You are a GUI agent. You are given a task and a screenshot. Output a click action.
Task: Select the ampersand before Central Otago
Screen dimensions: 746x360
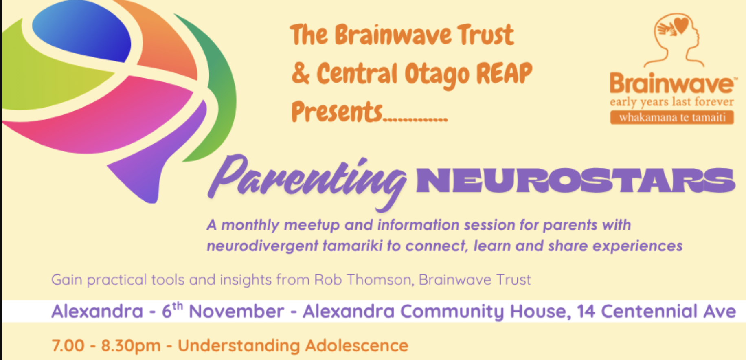click(301, 73)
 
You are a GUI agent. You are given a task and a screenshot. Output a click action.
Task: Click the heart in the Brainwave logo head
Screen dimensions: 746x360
click(681, 25)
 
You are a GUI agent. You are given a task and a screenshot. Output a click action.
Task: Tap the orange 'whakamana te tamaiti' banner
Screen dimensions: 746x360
click(672, 118)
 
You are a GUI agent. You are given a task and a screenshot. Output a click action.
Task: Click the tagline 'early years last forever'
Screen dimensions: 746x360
click(672, 101)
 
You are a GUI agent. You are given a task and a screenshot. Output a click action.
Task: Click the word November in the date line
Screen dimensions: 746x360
click(236, 312)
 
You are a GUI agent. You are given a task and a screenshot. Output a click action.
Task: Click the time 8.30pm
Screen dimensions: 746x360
click(131, 346)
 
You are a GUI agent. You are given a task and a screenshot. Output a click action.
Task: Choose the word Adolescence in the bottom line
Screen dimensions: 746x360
click(356, 346)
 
